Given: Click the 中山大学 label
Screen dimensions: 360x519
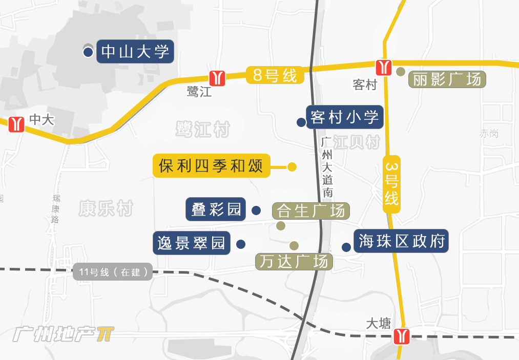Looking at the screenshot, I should click(135, 52).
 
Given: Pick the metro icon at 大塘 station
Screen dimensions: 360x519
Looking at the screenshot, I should click(401, 336).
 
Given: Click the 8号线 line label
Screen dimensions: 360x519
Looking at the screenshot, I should click(275, 76).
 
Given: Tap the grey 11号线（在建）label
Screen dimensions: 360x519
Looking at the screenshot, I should click(113, 272).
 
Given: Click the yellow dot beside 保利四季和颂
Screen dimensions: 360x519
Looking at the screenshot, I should click(292, 166).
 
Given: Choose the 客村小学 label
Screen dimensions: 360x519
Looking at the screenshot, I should click(344, 117).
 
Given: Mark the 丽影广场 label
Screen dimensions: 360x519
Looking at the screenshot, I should click(447, 79).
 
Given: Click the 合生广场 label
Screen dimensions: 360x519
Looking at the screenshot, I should click(311, 210).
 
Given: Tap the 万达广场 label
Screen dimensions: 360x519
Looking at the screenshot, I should click(294, 262).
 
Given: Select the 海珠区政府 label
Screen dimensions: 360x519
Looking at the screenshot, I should click(401, 241).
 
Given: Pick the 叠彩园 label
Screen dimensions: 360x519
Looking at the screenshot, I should click(216, 209).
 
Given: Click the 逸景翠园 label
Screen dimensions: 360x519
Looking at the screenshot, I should click(192, 243).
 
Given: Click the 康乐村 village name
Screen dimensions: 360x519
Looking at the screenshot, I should click(106, 208).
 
